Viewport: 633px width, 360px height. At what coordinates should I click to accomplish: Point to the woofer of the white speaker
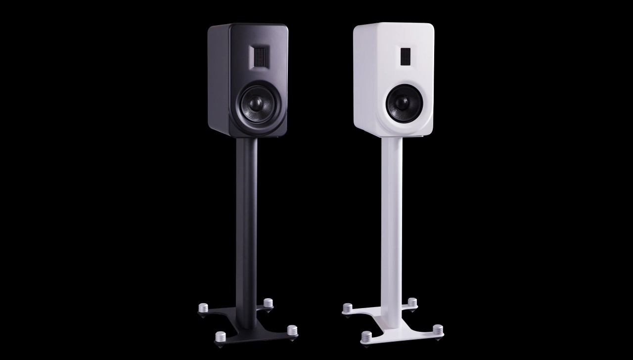click(x=401, y=102)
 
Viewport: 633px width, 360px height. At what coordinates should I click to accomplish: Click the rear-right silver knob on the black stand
click(x=268, y=303)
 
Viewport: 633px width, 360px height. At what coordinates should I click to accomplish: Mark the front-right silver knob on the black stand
click(x=293, y=330)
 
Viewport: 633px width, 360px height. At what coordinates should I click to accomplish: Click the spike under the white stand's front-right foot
click(x=437, y=338)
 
